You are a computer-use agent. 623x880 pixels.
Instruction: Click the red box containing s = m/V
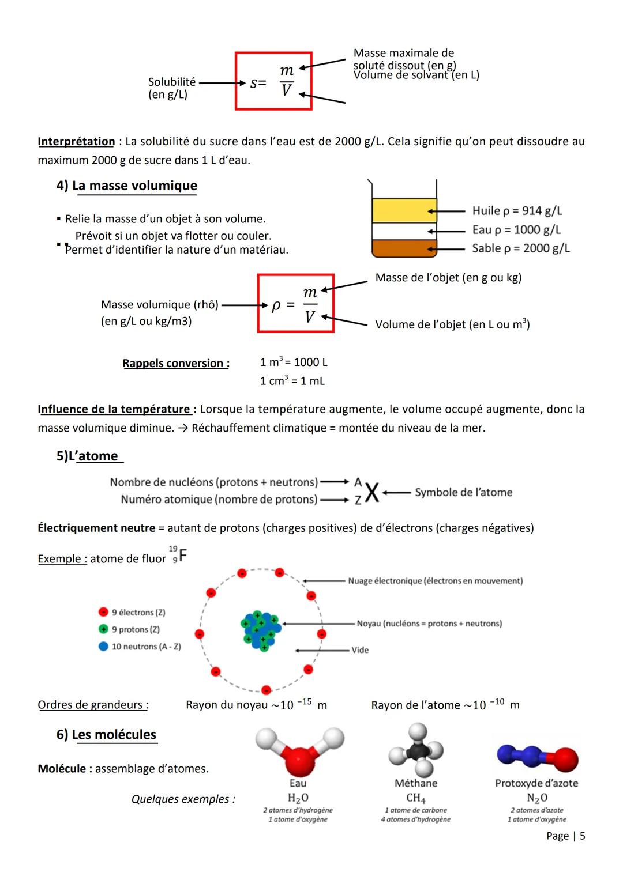pyautogui.click(x=273, y=81)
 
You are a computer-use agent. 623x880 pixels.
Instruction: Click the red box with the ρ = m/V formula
pyautogui.click(x=295, y=303)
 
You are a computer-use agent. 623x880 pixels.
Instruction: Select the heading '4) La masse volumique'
pyautogui.click(x=127, y=186)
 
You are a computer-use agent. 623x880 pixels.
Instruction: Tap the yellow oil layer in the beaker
pyautogui.click(x=404, y=210)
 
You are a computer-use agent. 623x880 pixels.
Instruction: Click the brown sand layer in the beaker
pyautogui.click(x=404, y=248)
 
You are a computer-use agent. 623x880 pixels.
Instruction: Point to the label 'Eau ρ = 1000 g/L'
pyautogui.click(x=516, y=230)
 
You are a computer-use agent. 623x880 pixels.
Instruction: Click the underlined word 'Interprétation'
pyautogui.click(x=76, y=141)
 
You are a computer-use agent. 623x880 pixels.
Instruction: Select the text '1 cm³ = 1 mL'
pyautogui.click(x=292, y=381)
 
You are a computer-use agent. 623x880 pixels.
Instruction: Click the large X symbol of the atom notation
pyautogui.click(x=372, y=493)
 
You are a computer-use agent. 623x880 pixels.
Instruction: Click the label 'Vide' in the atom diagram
pyautogui.click(x=360, y=650)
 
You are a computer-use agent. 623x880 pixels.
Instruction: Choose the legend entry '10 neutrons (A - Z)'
pyautogui.click(x=146, y=647)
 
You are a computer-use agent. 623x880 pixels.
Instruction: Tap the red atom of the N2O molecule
pyautogui.click(x=566, y=759)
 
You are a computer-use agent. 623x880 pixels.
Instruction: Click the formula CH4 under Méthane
pyautogui.click(x=415, y=798)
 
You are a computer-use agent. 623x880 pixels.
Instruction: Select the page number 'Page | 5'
pyautogui.click(x=565, y=836)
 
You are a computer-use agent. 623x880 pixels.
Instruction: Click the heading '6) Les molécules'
pyautogui.click(x=107, y=735)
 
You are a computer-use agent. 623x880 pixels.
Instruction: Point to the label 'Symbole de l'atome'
pyautogui.click(x=463, y=493)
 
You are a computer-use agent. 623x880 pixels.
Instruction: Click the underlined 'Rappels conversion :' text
pyautogui.click(x=176, y=364)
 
